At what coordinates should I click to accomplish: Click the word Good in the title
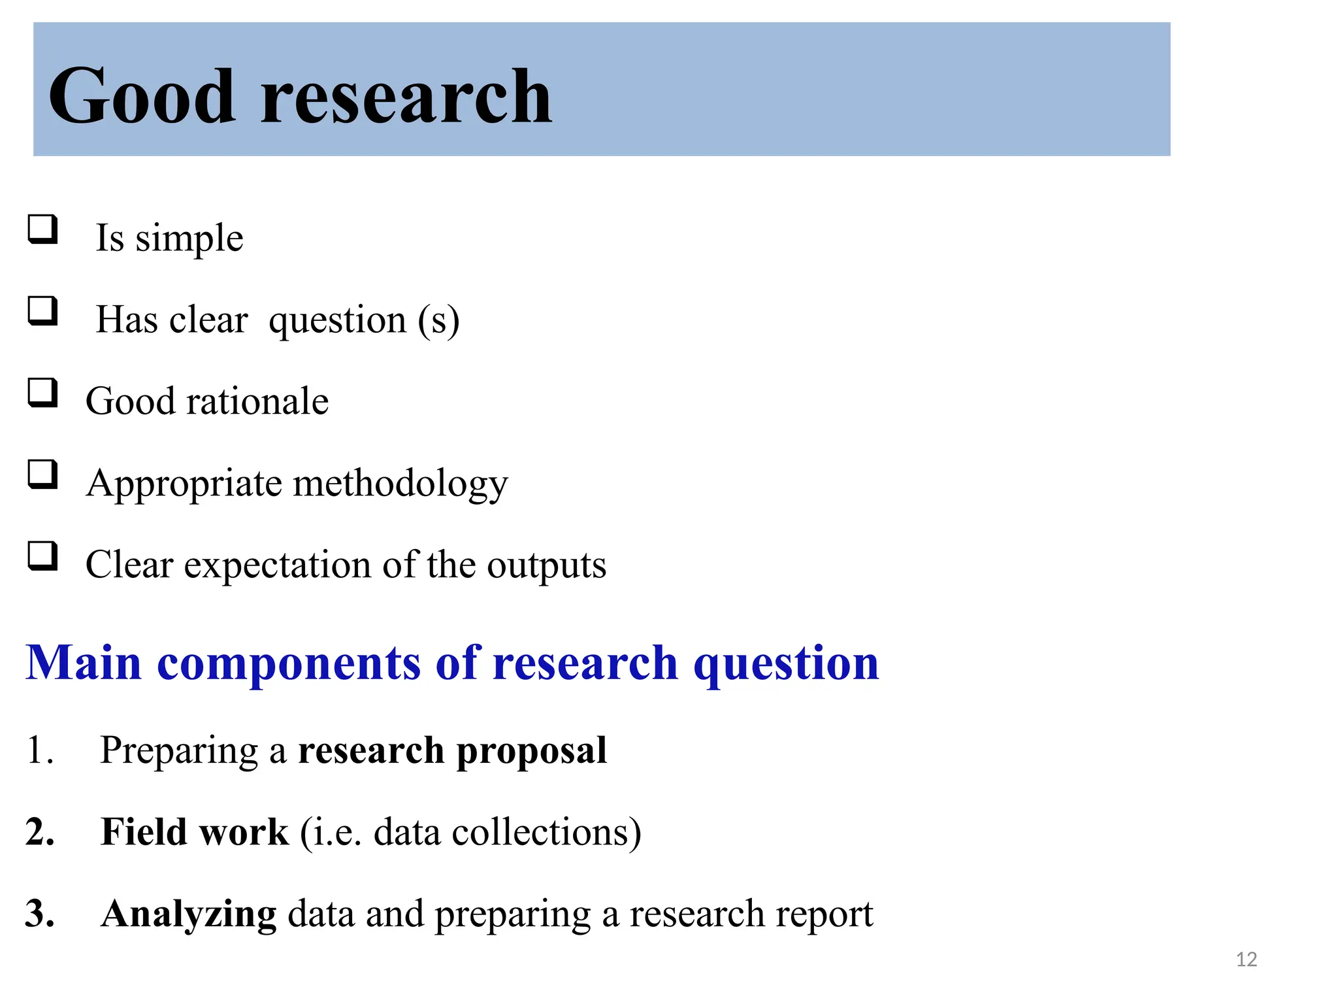pyautogui.click(x=141, y=97)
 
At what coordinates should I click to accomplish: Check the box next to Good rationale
pyautogui.click(x=42, y=392)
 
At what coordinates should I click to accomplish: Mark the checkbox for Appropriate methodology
pyautogui.click(x=42, y=474)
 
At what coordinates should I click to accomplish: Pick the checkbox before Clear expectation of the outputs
pyautogui.click(x=42, y=556)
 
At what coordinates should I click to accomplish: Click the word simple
pyautogui.click(x=189, y=239)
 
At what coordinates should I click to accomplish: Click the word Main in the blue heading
pyautogui.click(x=84, y=663)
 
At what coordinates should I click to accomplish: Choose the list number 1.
pyautogui.click(x=38, y=750)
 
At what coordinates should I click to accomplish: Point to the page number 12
pyautogui.click(x=1247, y=960)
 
